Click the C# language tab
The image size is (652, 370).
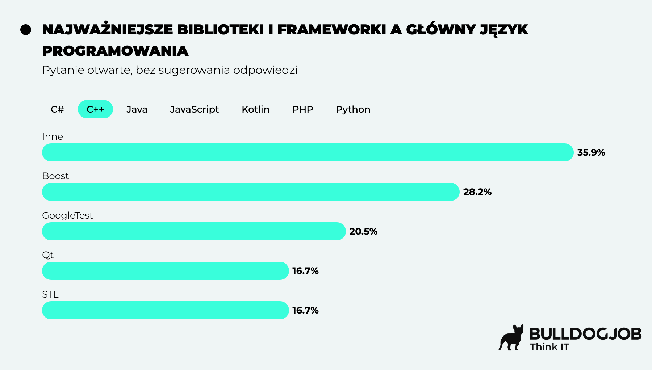click(x=57, y=109)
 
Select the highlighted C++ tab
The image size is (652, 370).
click(x=95, y=109)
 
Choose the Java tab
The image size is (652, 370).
click(x=137, y=109)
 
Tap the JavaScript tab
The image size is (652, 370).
click(x=195, y=109)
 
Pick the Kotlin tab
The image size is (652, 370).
click(x=255, y=109)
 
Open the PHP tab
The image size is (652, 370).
click(x=302, y=109)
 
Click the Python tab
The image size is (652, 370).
click(x=353, y=109)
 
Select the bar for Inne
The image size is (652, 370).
click(x=308, y=152)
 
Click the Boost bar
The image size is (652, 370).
click(x=251, y=192)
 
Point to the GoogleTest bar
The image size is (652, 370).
click(x=194, y=231)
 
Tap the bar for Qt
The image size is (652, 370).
click(x=166, y=271)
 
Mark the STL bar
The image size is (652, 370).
click(x=166, y=310)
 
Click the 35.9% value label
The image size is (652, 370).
click(x=591, y=152)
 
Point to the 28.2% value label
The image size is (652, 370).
click(x=477, y=192)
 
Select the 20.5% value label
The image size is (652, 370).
click(x=363, y=231)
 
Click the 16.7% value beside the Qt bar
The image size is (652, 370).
click(x=305, y=271)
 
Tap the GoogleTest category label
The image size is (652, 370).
click(x=67, y=215)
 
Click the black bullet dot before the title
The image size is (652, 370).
click(x=26, y=30)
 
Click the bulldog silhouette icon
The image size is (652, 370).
click(x=511, y=338)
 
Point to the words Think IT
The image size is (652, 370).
click(x=549, y=347)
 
